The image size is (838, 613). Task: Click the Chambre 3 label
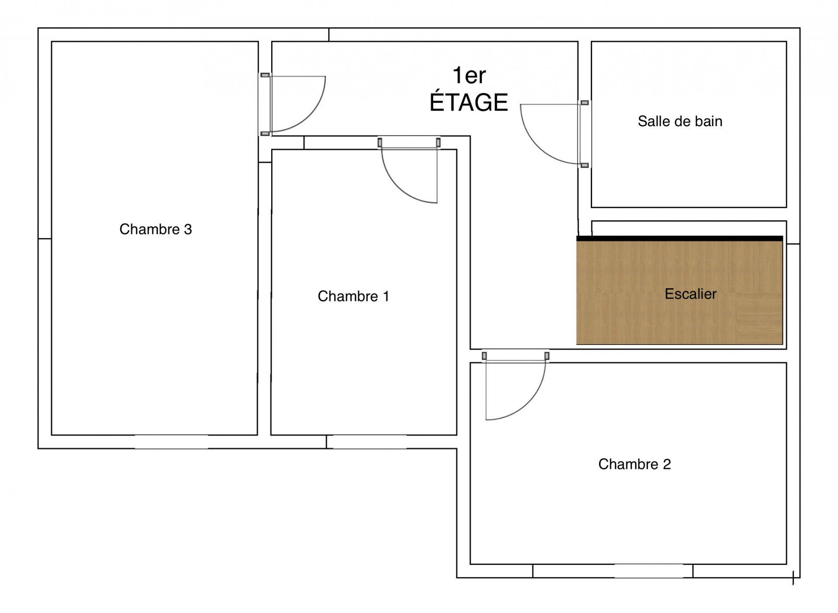(x=155, y=229)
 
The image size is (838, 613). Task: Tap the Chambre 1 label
(x=353, y=296)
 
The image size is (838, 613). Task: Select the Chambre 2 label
(x=634, y=464)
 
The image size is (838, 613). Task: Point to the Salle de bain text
(x=680, y=121)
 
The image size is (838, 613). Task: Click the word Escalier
(x=690, y=294)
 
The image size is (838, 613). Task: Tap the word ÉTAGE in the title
(x=469, y=102)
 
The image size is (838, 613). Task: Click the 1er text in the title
(x=469, y=75)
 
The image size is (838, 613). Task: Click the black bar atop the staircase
(x=679, y=238)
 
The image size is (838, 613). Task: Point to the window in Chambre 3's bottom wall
(x=171, y=441)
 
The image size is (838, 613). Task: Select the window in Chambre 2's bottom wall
(x=649, y=571)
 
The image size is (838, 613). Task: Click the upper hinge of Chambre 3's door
(x=265, y=75)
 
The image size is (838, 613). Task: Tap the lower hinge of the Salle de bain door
(x=585, y=165)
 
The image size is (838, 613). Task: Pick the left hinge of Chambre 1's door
(x=380, y=142)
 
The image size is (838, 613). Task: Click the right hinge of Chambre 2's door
(x=547, y=356)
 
